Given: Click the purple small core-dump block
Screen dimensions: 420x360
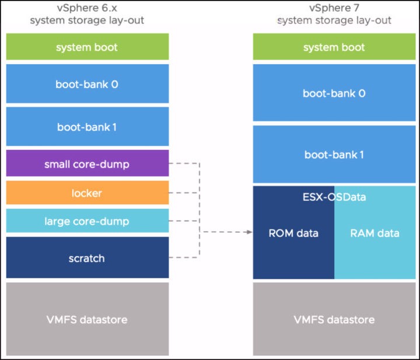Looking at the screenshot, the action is point(87,163).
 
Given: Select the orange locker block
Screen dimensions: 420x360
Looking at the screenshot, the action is point(87,193).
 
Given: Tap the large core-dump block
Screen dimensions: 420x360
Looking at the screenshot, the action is point(87,221).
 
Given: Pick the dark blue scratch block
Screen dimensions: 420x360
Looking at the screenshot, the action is point(87,257).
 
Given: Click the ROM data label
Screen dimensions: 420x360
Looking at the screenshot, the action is point(293,233).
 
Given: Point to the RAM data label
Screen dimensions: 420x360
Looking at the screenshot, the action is point(374,233).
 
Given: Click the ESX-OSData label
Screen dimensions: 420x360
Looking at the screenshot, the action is point(334,197).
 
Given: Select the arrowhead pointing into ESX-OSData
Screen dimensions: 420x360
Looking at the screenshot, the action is point(250,232).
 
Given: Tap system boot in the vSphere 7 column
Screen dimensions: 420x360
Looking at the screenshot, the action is point(334,47).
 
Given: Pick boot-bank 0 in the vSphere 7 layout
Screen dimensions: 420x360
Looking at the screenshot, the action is point(334,93).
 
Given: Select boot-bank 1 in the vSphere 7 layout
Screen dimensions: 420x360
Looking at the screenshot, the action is point(334,154).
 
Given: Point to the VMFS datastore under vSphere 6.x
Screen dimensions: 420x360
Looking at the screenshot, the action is point(87,319).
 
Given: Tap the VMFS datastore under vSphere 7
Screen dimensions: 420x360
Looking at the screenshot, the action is point(334,319).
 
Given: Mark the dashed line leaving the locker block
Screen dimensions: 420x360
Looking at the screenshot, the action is point(184,193).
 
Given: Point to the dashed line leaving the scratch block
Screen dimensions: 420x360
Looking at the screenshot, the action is point(184,257).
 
